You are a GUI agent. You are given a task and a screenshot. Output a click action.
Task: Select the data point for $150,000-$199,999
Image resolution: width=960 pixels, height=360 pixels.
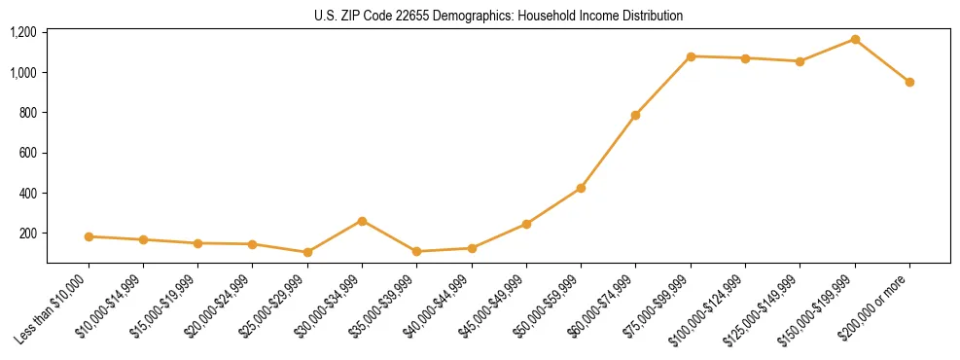[x=855, y=39]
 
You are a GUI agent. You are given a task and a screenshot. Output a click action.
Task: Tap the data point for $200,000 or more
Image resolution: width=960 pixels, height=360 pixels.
[x=909, y=82]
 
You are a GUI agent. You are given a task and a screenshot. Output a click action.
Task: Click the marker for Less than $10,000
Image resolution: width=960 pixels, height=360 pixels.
[x=89, y=236]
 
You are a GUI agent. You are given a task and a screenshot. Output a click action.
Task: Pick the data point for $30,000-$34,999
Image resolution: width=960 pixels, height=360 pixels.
[x=362, y=221]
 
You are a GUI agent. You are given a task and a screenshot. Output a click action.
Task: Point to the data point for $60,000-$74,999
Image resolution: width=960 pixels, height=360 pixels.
[x=635, y=115]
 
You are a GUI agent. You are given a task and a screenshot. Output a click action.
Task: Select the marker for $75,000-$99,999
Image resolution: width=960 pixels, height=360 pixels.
[x=691, y=56]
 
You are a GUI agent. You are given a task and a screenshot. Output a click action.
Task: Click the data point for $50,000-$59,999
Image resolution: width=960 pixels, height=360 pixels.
[x=581, y=188]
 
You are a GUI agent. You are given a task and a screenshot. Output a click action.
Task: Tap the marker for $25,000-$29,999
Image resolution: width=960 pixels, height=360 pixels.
[x=307, y=252]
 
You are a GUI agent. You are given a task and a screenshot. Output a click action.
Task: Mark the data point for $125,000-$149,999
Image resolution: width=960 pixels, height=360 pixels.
[x=800, y=61]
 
